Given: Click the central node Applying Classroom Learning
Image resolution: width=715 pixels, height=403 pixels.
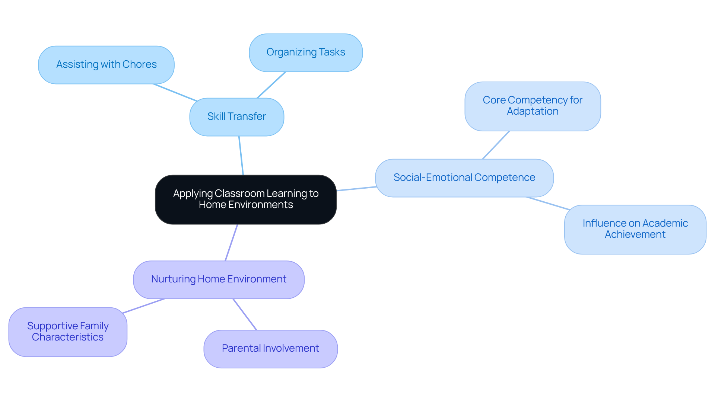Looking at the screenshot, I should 246,199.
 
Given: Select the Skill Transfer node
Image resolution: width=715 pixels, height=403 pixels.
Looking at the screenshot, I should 236,117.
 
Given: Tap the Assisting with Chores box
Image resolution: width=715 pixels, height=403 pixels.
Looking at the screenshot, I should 106,65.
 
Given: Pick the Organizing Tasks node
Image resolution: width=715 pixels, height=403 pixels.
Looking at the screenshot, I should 305,52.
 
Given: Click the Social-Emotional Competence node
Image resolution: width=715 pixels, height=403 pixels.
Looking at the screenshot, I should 464,178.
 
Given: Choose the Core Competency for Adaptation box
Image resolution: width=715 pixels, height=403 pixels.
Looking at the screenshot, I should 532,106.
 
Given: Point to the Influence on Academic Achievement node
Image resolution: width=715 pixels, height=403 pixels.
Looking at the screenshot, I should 635,229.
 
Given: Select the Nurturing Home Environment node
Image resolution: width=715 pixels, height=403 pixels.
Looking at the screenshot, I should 219,279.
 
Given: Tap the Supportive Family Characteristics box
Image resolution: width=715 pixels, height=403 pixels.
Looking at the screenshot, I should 68,332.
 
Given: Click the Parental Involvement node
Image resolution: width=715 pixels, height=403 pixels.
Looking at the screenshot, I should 270,349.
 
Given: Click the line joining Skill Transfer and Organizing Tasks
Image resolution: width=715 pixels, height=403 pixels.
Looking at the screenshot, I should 271,85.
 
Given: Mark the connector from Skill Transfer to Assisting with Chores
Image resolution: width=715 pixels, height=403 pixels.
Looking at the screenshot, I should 175,93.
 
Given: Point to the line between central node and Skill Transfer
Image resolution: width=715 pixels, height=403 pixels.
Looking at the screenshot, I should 241,156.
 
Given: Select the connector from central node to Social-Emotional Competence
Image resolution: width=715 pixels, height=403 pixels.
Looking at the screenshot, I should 356,189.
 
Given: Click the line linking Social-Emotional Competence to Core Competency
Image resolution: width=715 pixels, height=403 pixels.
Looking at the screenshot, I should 496,145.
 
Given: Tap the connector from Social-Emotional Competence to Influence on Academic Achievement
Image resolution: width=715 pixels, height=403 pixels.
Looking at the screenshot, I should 547,203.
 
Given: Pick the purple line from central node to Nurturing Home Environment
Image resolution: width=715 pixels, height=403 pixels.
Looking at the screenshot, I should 231,243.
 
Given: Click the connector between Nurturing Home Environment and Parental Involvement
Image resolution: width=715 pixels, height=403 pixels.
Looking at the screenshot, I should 245,314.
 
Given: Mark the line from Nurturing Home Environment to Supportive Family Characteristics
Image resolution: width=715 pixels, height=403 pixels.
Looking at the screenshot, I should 143,306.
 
